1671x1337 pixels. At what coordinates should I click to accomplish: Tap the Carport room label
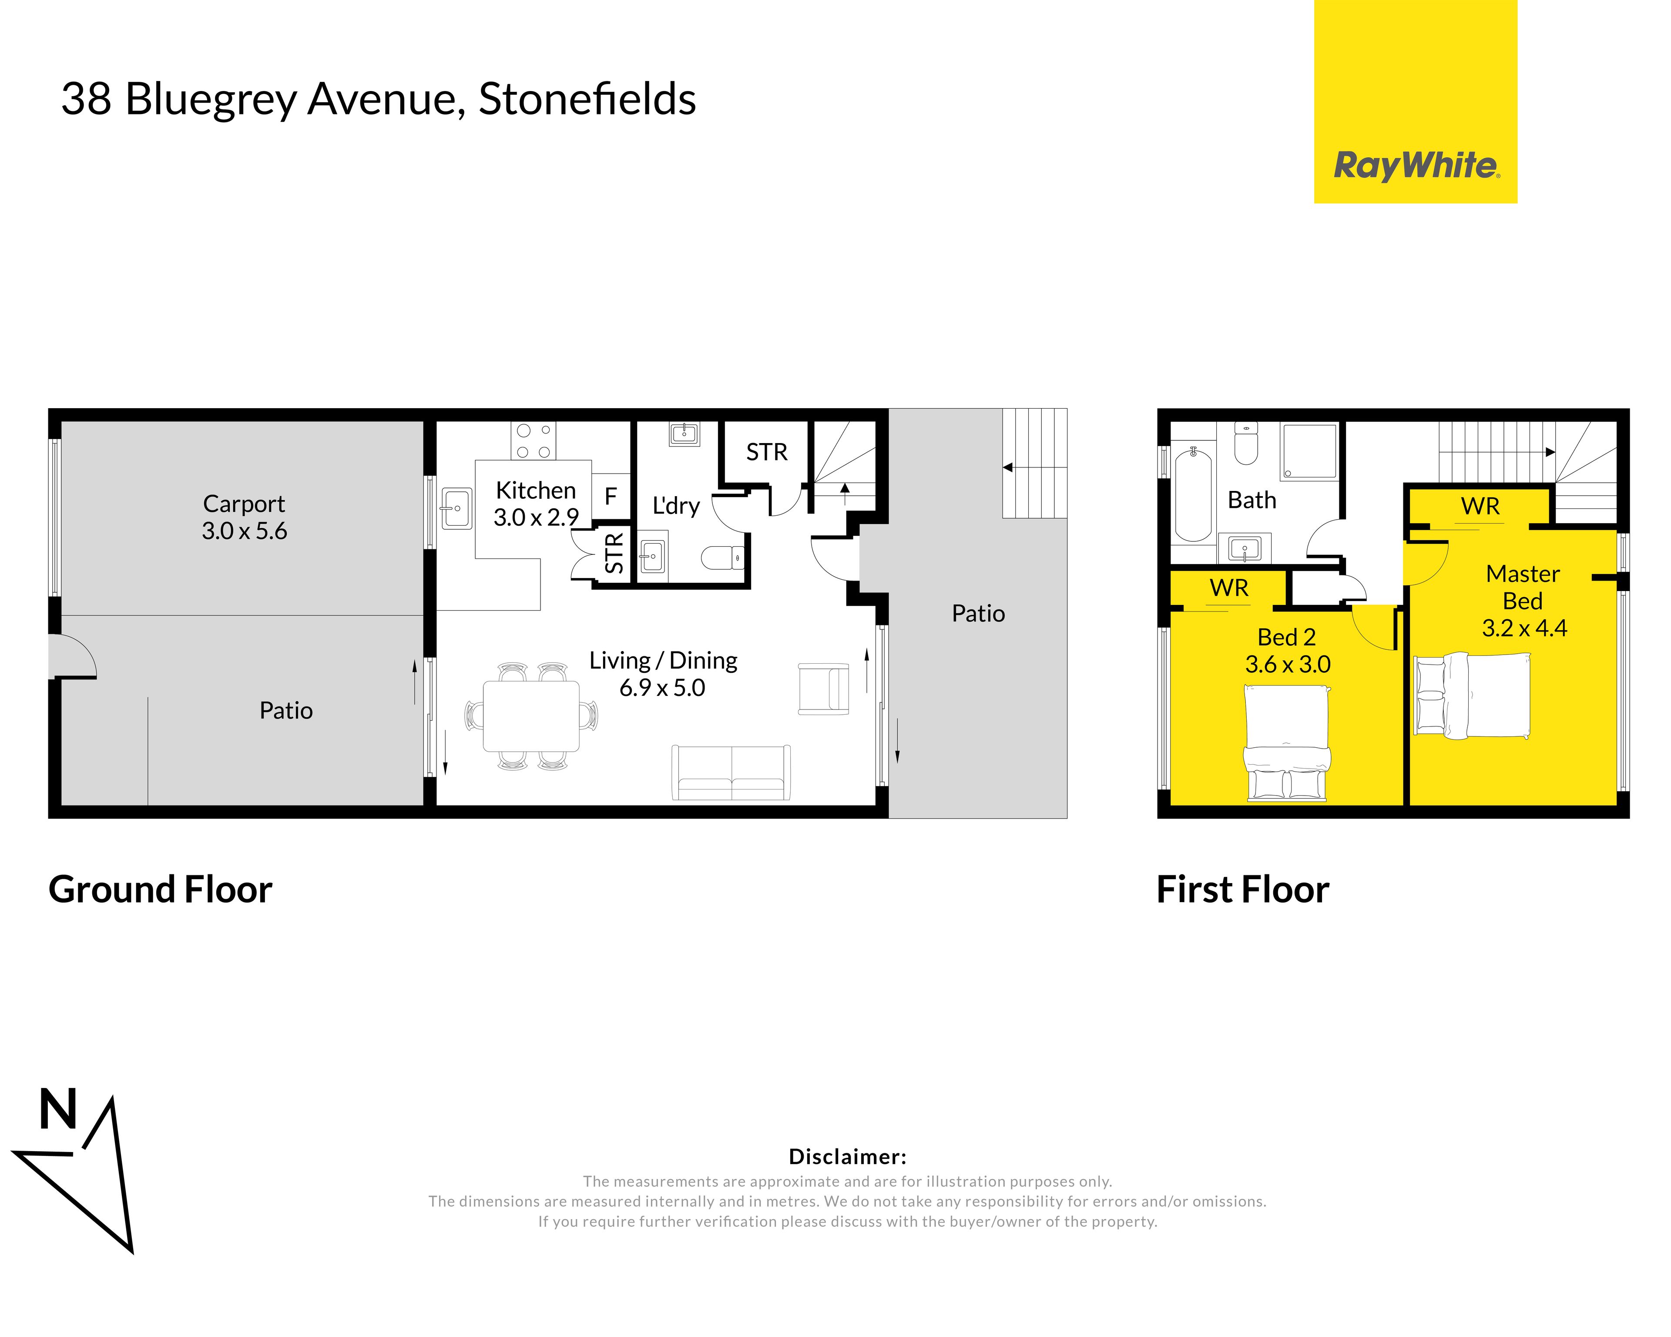(244, 504)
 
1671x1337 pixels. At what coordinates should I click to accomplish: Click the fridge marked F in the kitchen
(611, 496)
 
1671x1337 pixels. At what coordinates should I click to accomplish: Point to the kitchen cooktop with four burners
(533, 440)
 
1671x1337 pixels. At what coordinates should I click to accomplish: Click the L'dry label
(676, 505)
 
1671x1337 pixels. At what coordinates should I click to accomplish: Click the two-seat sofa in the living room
(731, 773)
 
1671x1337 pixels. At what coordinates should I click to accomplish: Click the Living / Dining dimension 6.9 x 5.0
(662, 688)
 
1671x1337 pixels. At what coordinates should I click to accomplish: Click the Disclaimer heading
(847, 1157)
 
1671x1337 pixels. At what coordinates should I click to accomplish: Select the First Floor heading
(1242, 890)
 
